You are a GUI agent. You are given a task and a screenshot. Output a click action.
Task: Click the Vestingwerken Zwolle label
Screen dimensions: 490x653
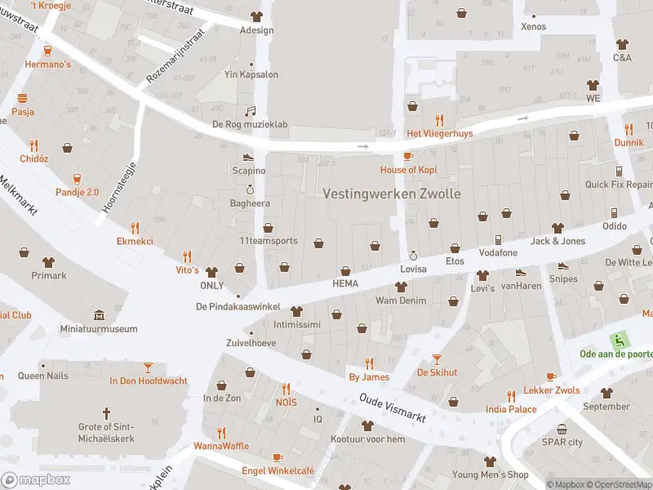tap(392, 194)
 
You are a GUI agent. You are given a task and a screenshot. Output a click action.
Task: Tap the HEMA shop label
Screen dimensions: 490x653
tap(345, 283)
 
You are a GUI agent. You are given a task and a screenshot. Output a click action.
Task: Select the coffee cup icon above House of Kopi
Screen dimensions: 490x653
tap(409, 155)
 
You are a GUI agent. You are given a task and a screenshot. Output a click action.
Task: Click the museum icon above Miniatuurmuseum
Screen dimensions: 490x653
tap(99, 315)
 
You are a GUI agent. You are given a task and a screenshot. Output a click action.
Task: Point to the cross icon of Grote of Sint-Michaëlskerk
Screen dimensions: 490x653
tap(105, 413)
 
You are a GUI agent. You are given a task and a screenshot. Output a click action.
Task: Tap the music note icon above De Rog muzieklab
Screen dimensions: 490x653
tap(251, 111)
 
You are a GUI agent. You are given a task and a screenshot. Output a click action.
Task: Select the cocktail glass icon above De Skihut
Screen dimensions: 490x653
tap(437, 359)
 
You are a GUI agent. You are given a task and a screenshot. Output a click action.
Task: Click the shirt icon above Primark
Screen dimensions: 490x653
tap(48, 262)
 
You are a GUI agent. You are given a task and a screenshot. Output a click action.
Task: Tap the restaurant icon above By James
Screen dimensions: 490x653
tap(369, 363)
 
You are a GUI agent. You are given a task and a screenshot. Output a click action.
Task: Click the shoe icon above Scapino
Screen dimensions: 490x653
tap(248, 157)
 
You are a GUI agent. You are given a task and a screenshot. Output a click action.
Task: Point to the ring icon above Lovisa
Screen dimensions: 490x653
tap(413, 255)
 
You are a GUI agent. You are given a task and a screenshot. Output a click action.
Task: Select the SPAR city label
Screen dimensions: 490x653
tap(562, 442)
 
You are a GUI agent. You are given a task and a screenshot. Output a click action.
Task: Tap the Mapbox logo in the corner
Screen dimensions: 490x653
tap(36, 480)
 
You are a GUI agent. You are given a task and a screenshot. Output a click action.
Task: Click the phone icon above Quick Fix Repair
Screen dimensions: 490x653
tap(619, 171)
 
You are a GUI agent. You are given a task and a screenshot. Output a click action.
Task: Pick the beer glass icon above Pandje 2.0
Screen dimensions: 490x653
tap(77, 179)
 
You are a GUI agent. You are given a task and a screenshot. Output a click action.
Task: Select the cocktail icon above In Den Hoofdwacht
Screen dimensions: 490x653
tap(148, 367)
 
